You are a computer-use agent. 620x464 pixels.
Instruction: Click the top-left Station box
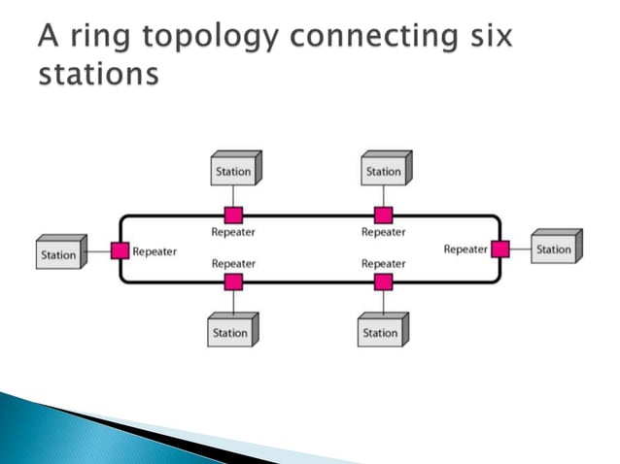233,172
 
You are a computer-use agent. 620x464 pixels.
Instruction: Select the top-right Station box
383,172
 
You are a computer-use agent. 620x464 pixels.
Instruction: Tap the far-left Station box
59,255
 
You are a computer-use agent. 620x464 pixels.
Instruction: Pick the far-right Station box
554,249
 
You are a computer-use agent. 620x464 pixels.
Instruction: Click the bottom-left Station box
231,333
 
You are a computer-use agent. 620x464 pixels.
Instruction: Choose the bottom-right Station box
381,333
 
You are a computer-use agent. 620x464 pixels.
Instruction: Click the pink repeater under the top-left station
233,215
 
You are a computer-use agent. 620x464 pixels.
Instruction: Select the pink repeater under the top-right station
384,215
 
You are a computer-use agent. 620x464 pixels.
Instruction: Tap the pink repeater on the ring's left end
120,250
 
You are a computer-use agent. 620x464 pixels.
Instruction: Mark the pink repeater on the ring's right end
500,249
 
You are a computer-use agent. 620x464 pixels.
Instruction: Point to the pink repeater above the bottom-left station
233,282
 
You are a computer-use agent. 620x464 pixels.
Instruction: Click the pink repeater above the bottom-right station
384,282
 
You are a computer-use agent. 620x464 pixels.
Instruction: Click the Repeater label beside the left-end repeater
155,250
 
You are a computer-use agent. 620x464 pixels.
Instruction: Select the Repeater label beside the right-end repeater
465,249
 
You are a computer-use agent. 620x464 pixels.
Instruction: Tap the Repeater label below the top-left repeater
233,233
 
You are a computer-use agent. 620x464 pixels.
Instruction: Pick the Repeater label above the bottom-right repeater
384,263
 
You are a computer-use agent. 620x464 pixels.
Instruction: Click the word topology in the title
198,40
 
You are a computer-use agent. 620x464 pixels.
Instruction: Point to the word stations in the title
97,74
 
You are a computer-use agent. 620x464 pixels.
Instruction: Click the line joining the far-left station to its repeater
99,251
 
